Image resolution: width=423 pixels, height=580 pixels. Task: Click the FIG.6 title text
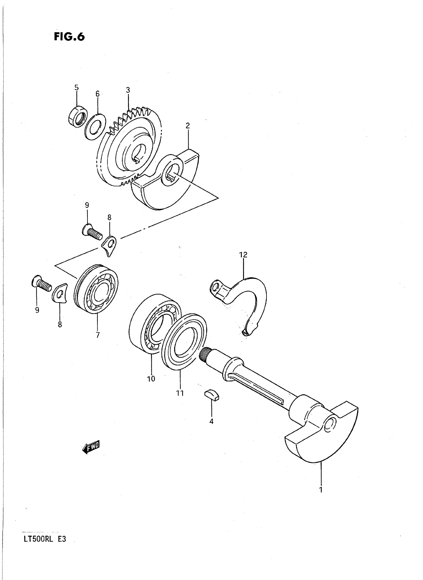tap(69, 37)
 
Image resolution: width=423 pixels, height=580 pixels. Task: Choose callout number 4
tap(211, 421)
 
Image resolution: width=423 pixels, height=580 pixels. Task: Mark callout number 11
tap(180, 393)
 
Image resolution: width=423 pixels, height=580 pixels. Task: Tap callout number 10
tap(151, 379)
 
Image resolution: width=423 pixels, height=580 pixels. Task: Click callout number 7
tap(98, 335)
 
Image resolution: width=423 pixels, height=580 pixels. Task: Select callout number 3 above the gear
tap(128, 90)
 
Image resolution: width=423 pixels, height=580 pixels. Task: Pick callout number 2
tap(188, 126)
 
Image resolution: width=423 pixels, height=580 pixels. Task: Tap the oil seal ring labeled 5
tap(78, 116)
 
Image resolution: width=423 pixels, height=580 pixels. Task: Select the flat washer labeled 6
tap(95, 127)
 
